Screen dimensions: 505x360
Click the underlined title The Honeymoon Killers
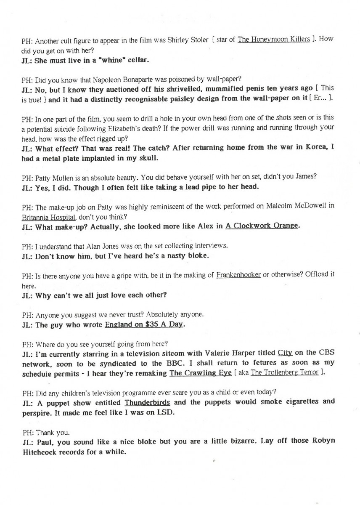tap(274, 40)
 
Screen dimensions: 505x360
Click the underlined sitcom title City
tap(285, 353)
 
